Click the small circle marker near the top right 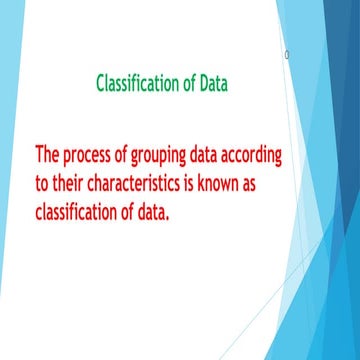(287, 55)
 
